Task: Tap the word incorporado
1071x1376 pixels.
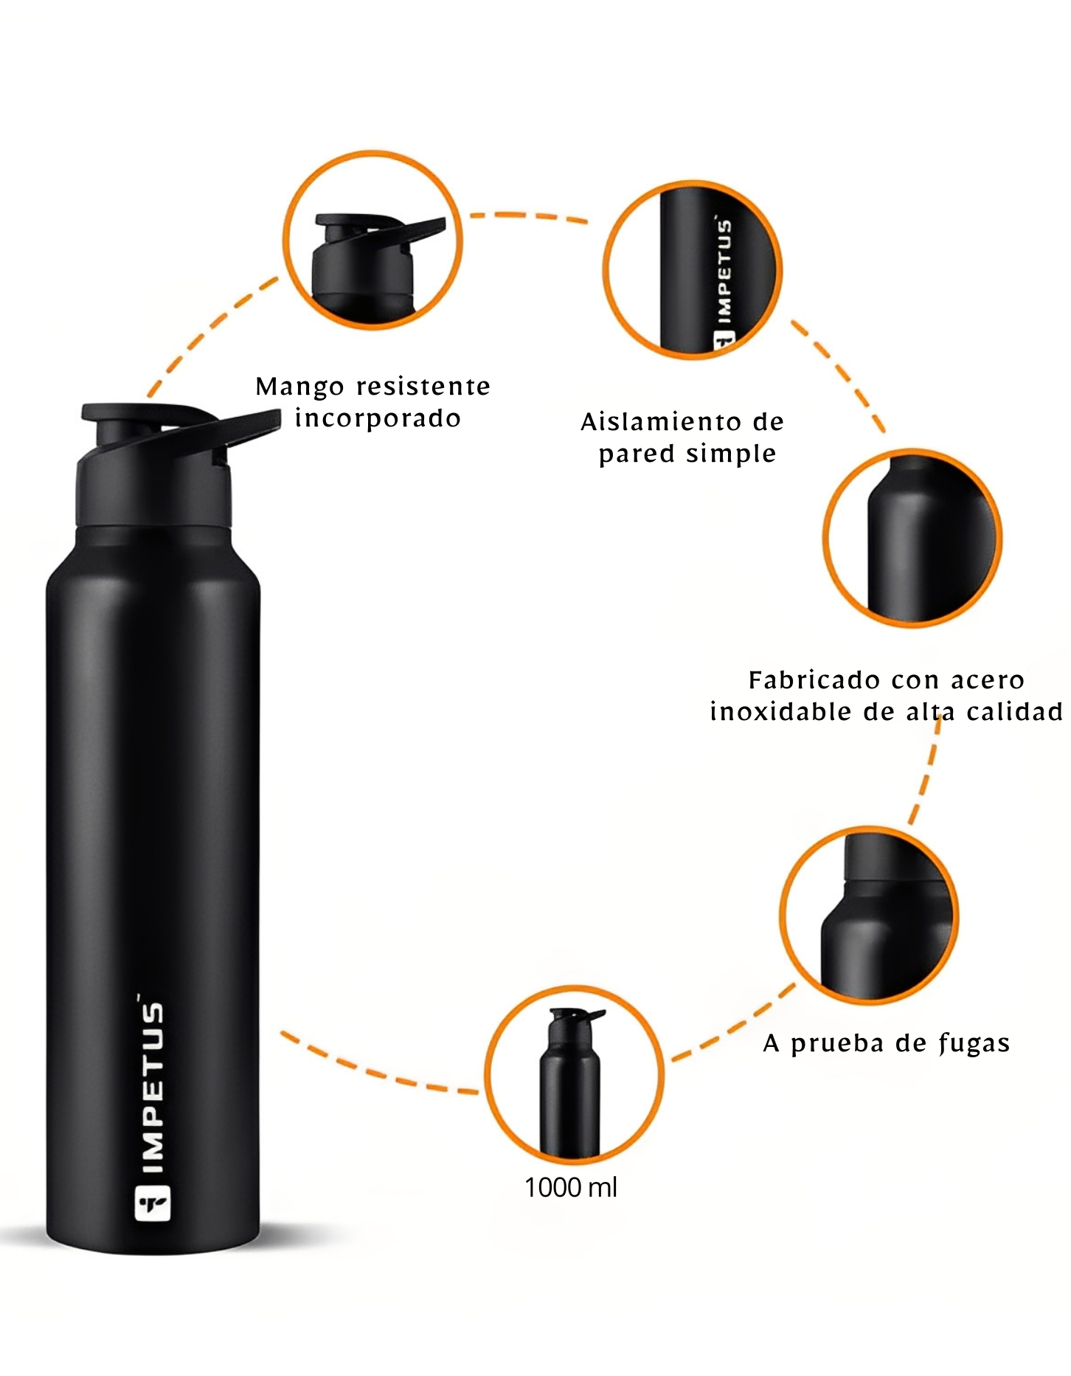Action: [378, 419]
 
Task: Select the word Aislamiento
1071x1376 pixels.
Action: [661, 422]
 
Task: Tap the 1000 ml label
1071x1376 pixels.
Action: [571, 1188]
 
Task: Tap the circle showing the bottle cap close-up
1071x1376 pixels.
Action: [373, 240]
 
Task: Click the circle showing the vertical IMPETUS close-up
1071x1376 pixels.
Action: [693, 270]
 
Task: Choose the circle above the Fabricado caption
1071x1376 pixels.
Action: [912, 538]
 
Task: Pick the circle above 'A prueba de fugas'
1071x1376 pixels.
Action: [869, 915]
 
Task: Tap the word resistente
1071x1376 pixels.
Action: [424, 387]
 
